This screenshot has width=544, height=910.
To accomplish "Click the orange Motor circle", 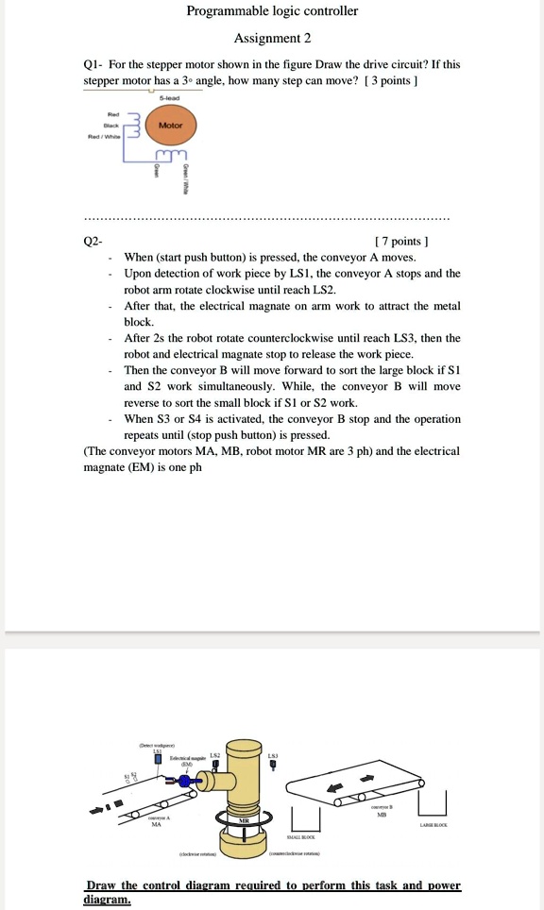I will coord(171,125).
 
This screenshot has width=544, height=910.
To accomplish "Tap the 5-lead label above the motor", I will coord(170,98).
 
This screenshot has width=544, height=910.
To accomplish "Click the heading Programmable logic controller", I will coord(272,11).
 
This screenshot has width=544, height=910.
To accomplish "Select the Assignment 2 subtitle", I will coord(272,39).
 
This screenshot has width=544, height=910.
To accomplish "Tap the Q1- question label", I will coord(93,64).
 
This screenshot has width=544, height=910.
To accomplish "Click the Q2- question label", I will coord(93,241).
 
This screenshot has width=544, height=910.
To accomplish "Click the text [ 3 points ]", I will coord(389,80).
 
